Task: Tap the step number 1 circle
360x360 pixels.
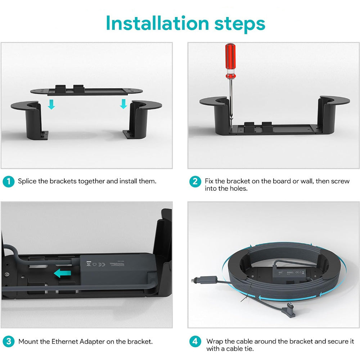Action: [x=9, y=181]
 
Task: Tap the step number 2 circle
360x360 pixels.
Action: [x=195, y=181]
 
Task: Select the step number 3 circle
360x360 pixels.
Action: [x=9, y=341]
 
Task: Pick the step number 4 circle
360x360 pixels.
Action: [x=195, y=341]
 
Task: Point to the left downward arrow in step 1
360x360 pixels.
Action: [x=51, y=104]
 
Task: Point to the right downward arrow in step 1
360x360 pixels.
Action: [x=123, y=104]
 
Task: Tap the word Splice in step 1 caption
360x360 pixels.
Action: [x=27, y=181]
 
